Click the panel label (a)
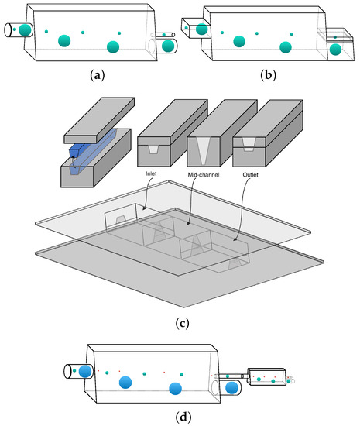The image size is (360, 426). [97, 75]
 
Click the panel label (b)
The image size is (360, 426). [268, 75]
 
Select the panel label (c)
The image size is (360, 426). [182, 323]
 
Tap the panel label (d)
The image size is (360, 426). [183, 417]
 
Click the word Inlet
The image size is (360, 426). [151, 173]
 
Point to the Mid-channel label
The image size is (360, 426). [204, 174]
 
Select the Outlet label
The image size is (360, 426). [250, 174]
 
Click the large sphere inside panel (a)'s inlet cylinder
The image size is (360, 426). [25, 29]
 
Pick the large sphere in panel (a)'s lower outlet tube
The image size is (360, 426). [168, 46]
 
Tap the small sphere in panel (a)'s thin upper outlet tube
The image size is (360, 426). [164, 35]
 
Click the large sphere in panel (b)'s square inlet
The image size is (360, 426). [202, 29]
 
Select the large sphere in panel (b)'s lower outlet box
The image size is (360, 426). [335, 50]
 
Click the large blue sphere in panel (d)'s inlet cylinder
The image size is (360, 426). [85, 371]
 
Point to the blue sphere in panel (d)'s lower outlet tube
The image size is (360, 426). [231, 388]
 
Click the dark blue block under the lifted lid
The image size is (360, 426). [80, 150]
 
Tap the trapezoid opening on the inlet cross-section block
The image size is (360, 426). [153, 149]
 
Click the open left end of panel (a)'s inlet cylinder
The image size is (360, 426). [8, 30]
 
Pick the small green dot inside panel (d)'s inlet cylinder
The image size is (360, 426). [74, 370]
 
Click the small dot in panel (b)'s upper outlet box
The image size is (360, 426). [335, 37]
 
